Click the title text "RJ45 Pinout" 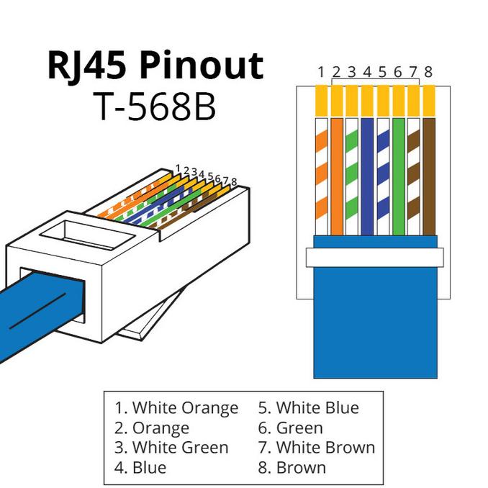coord(155,67)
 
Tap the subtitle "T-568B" coord(155,107)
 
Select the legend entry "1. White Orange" coord(176,408)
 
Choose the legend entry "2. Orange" coord(152,428)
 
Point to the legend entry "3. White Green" coord(171,448)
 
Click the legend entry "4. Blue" coord(140,467)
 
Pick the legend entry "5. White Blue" coord(309,407)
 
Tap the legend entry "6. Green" coord(290,428)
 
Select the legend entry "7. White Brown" coord(317,448)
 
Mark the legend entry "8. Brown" coord(292,467)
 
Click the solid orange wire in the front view coord(337,177)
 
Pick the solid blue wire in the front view coord(367,177)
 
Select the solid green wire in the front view coord(399,177)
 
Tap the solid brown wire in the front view coord(429,177)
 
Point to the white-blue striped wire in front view coord(383,177)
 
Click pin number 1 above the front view coord(321,72)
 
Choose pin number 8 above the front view coord(428,72)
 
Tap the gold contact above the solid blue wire coord(367,101)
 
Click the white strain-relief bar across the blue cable coord(375,258)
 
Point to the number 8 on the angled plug coord(234,182)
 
